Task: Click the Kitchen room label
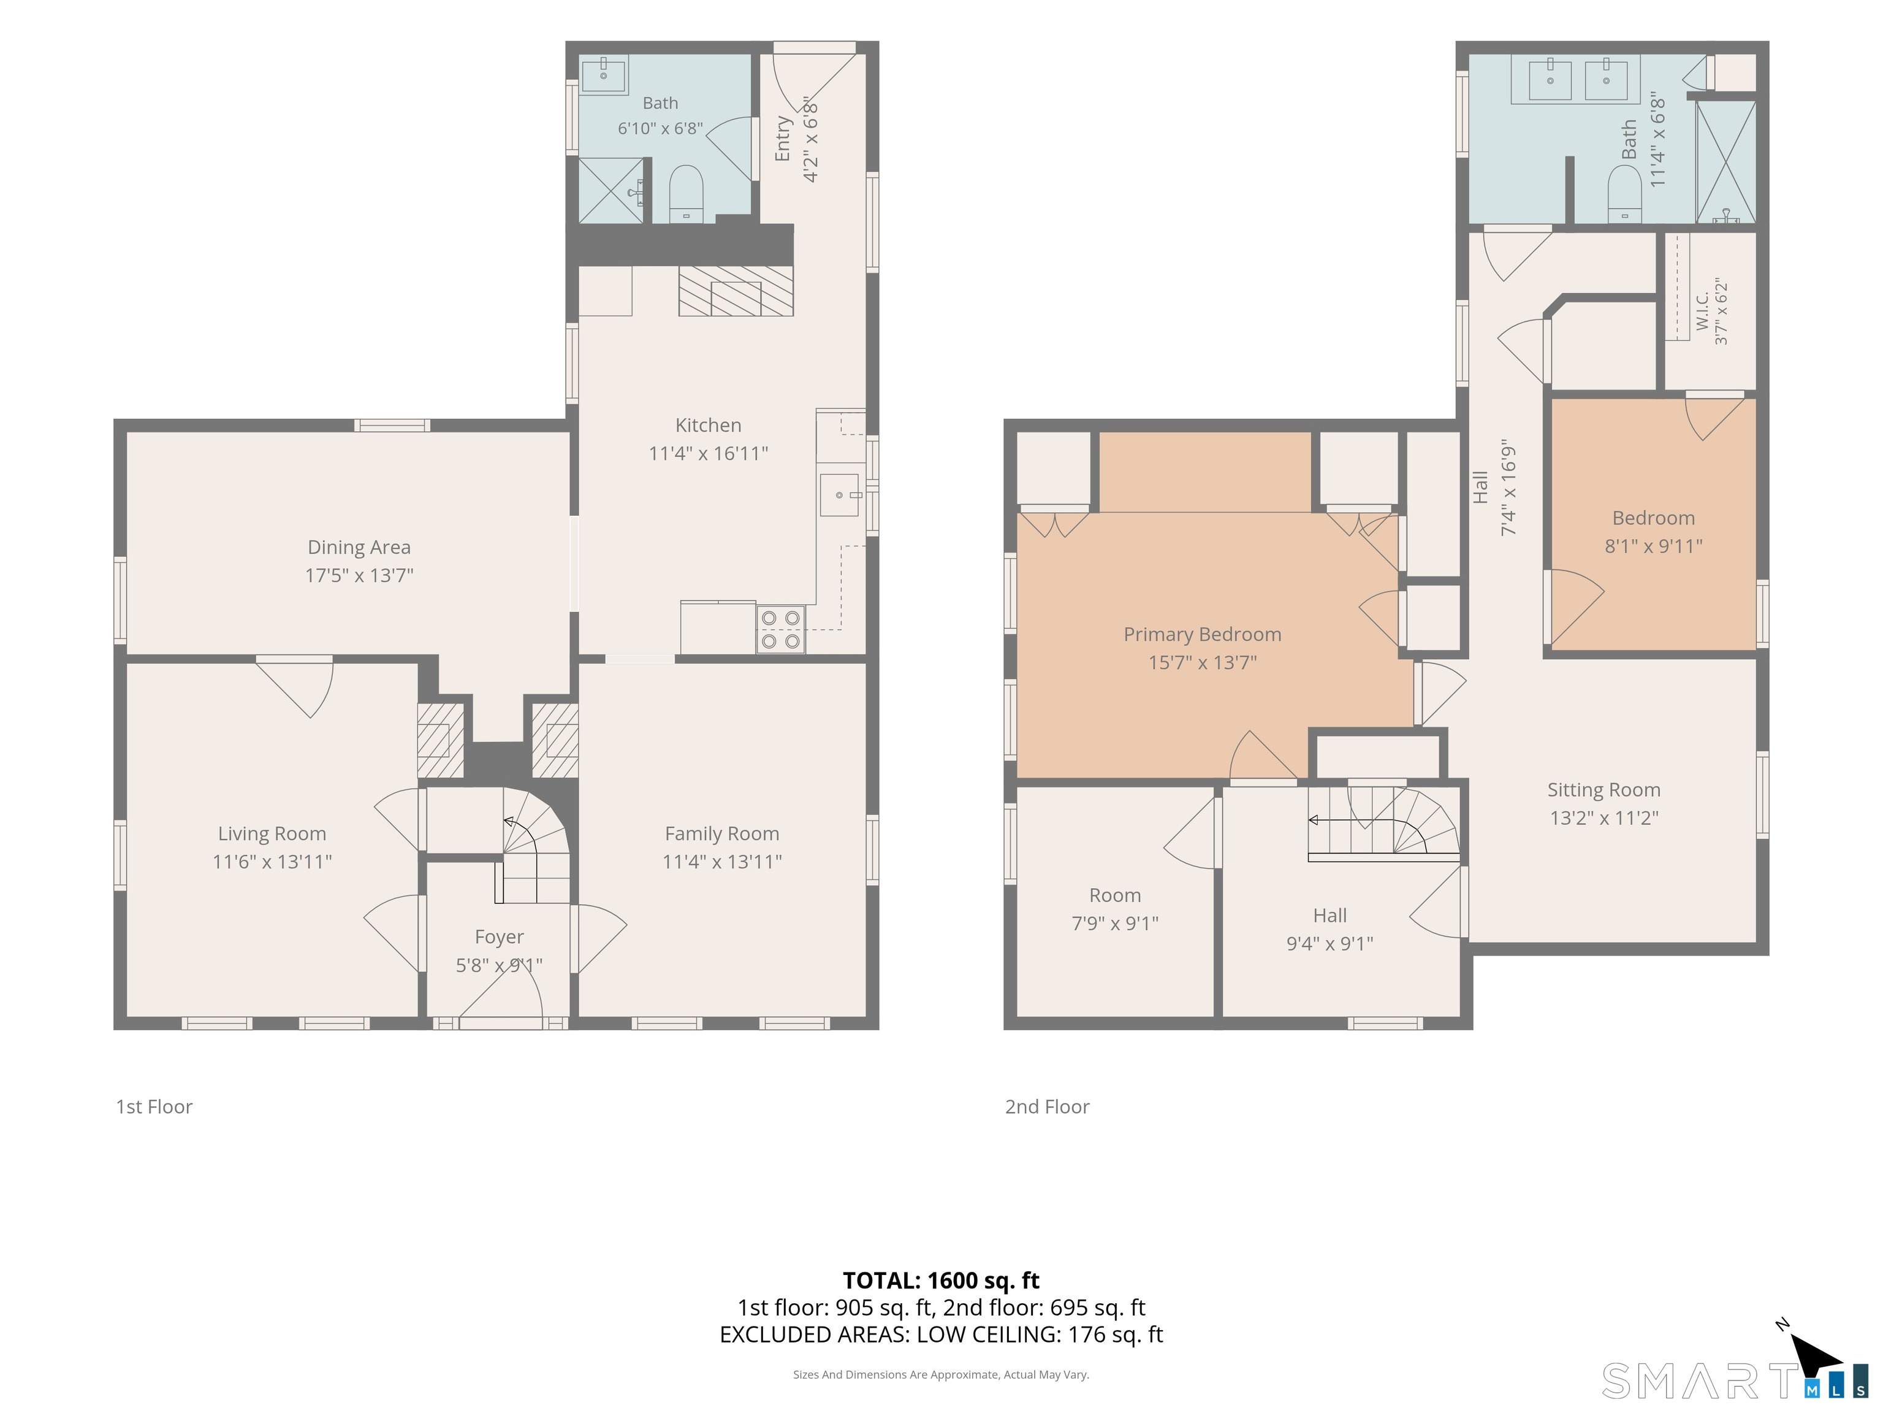(x=707, y=425)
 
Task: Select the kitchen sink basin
(x=839, y=495)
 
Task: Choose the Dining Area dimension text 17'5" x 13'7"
(x=359, y=575)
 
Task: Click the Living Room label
(x=272, y=834)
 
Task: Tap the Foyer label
(x=499, y=937)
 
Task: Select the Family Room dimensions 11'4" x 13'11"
(x=722, y=861)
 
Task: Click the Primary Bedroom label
(x=1202, y=635)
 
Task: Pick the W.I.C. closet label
(x=1702, y=311)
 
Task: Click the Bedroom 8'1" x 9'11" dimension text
(x=1653, y=546)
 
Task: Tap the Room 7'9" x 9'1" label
(x=1115, y=895)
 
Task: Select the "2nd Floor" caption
(x=1047, y=1106)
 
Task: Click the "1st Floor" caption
(x=154, y=1106)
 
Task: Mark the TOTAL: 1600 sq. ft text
(x=941, y=1280)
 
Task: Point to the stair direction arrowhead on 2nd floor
(x=1313, y=820)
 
